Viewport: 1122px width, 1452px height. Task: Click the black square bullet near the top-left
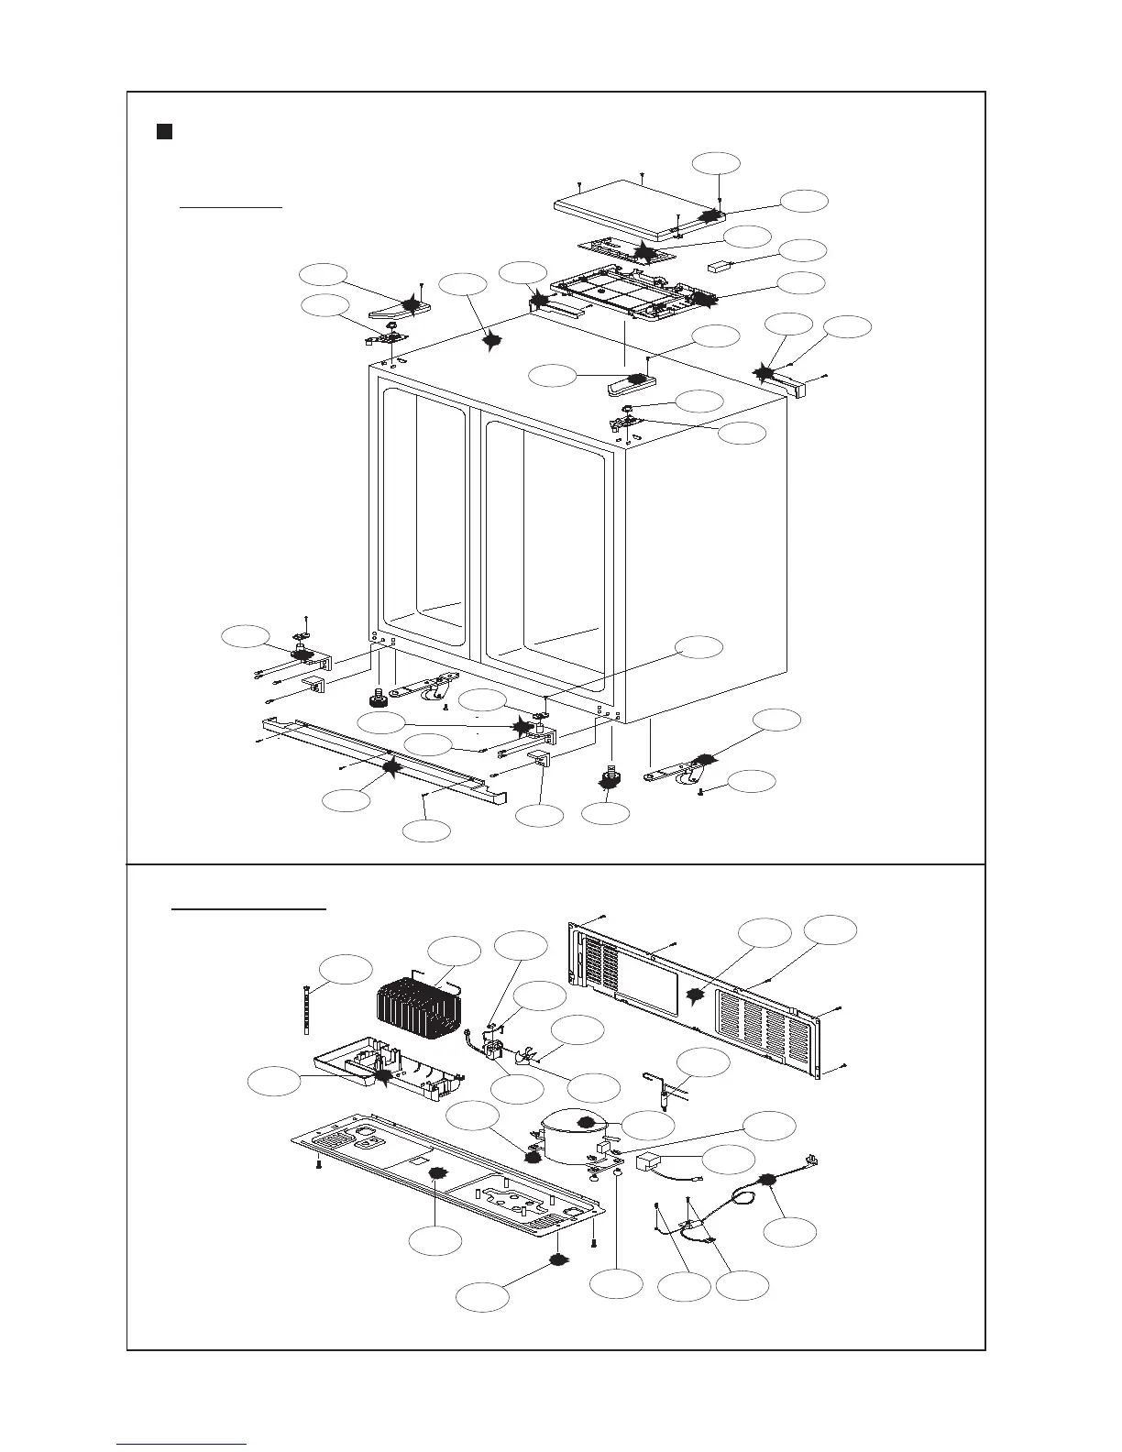[163, 131]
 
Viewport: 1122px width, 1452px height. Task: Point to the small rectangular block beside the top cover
[723, 268]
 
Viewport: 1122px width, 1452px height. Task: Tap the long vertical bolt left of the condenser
[304, 1008]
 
